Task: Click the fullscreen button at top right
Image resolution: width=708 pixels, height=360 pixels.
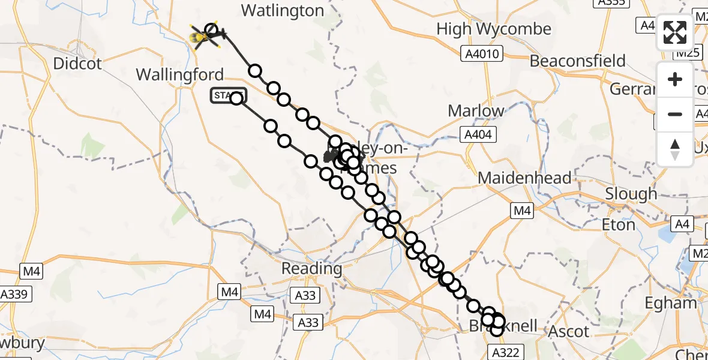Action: tap(675, 32)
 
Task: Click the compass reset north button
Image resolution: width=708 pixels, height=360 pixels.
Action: tap(675, 149)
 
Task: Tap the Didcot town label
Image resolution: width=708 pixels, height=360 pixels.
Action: tap(78, 64)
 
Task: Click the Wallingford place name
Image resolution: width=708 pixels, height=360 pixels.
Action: tap(179, 75)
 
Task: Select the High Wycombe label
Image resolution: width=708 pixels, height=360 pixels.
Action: tap(493, 29)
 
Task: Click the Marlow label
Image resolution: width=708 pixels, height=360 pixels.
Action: tap(476, 111)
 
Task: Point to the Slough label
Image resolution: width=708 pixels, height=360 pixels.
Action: tap(631, 194)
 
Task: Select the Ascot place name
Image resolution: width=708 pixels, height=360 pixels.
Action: tap(569, 331)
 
